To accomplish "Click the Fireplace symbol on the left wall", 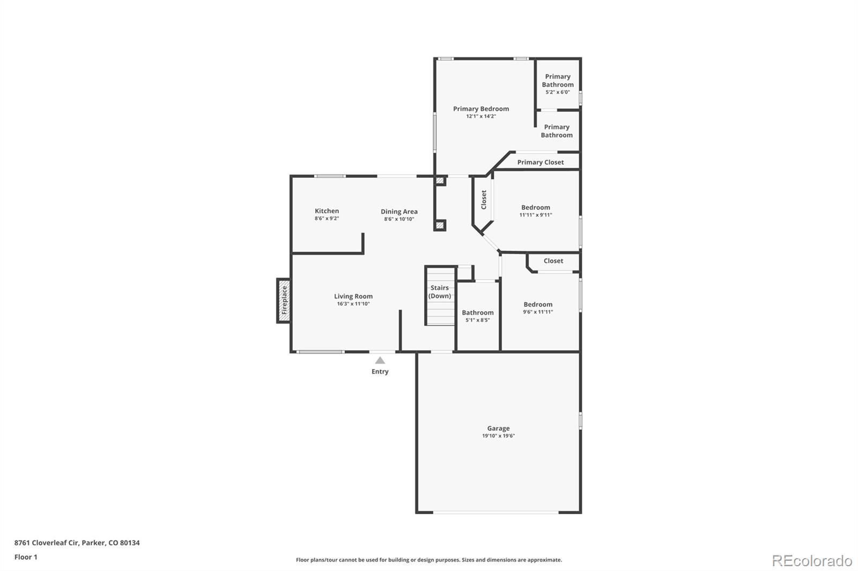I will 284,300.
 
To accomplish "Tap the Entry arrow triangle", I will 380,360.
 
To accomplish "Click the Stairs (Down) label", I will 440,292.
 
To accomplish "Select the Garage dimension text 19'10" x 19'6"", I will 498,436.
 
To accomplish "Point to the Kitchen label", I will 327,211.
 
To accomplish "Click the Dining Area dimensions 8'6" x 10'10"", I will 399,219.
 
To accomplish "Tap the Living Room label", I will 353,296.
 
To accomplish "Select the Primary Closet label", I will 540,162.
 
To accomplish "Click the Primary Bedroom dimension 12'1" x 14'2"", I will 480,116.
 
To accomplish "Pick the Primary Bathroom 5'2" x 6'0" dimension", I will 557,92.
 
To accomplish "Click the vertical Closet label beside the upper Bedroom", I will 484,200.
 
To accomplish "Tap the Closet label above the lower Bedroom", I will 553,261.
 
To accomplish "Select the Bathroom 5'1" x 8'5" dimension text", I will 477,320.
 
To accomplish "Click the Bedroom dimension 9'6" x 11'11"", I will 538,312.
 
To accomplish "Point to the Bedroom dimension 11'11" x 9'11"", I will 535,215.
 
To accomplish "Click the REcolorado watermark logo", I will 811,560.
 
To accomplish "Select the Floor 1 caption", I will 26,557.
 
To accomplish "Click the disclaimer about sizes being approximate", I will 429,560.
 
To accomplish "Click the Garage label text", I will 498,428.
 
